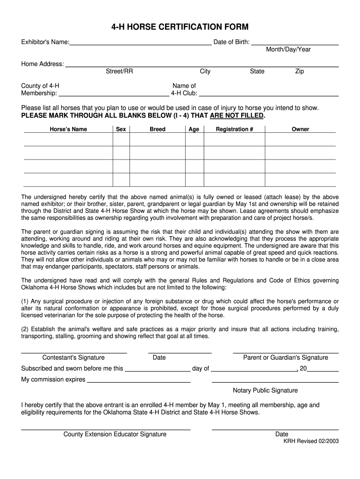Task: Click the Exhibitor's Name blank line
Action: point(140,43)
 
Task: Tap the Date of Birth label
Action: point(231,42)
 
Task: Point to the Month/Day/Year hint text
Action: point(288,50)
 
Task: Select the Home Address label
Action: point(43,64)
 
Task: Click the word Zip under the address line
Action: point(299,71)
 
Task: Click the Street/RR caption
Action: point(119,71)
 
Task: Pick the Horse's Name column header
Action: point(68,129)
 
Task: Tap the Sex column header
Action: point(121,129)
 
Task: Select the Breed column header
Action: point(158,129)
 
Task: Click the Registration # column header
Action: point(234,129)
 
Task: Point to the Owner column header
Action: point(300,129)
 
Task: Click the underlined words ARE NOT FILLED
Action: point(237,116)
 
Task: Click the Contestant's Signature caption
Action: point(73,357)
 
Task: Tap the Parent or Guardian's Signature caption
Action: point(286,357)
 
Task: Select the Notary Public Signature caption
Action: point(265,390)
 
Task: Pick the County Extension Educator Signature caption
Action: point(115,434)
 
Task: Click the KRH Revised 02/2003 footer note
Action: point(311,441)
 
